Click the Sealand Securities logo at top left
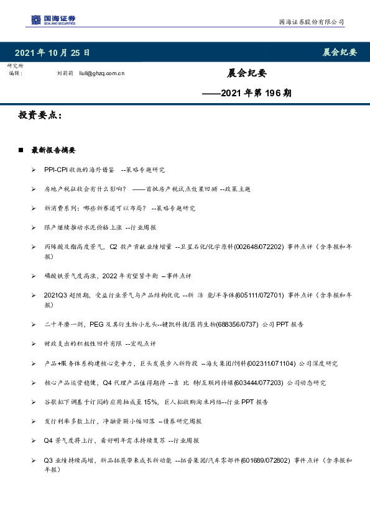(x=54, y=20)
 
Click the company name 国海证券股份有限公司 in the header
(x=310, y=22)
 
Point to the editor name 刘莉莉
(x=65, y=73)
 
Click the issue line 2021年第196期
(x=247, y=93)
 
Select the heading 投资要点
(x=40, y=116)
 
